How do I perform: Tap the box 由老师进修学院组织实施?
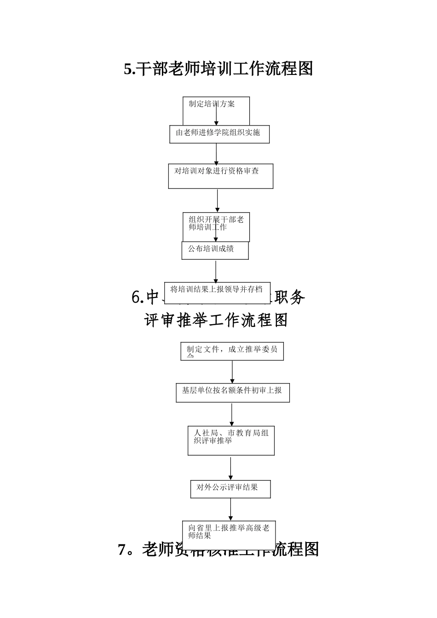pos(219,134)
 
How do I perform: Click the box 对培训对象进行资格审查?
pos(220,176)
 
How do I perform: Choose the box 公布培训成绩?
pos(215,250)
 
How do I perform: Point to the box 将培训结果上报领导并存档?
pos(217,292)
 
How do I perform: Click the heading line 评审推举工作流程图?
pos(216,320)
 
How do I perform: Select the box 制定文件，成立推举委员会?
pos(232,351)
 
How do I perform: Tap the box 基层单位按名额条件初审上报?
pos(232,393)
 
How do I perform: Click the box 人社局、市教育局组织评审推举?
pos(231,441)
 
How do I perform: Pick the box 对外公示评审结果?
pos(230,489)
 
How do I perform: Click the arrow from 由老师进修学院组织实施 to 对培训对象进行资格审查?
pos(217,154)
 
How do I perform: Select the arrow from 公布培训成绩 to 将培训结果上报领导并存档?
pos(215,271)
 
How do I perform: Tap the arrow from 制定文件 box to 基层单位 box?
pos(232,372)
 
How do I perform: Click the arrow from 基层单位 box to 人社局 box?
pos(232,414)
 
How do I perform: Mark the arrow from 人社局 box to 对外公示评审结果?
pos(231,468)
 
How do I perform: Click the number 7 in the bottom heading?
pos(122,549)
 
